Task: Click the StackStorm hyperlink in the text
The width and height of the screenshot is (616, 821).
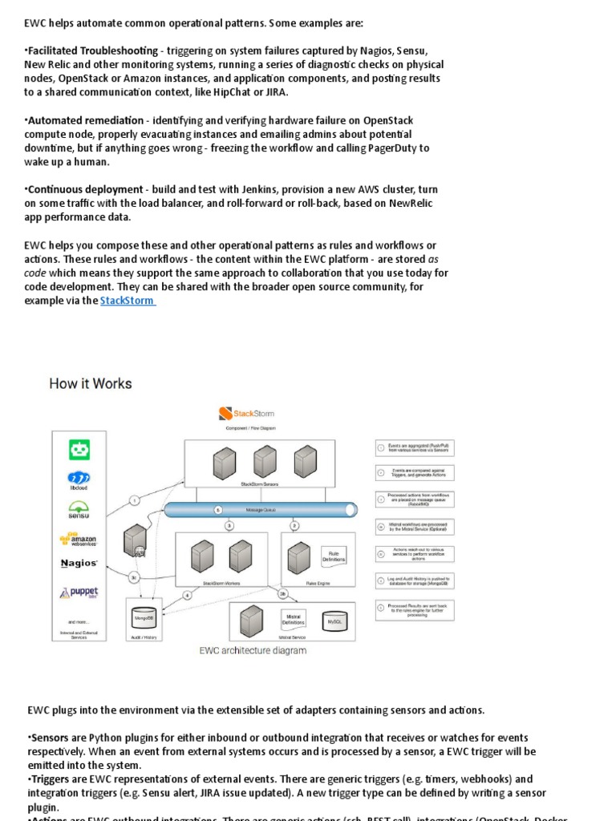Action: pos(127,301)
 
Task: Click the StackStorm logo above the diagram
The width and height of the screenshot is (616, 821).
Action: pos(246,414)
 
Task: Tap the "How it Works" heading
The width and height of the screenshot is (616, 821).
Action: pos(91,383)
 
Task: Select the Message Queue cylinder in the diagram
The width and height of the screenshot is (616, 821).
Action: pos(261,509)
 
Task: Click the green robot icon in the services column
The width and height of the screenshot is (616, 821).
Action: pos(79,451)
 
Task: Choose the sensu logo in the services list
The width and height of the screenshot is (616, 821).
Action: pos(79,510)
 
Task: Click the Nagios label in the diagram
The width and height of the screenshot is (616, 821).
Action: pos(79,564)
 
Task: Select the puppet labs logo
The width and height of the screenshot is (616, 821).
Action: pos(79,593)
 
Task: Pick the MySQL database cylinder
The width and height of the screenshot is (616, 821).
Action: pos(334,621)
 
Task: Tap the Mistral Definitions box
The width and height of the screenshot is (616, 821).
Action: pos(292,619)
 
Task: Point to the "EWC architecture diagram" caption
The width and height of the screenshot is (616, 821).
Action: pos(253,650)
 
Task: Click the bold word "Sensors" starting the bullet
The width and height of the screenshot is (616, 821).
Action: pos(50,737)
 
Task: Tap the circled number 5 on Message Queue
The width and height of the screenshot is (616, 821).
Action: pos(217,509)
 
